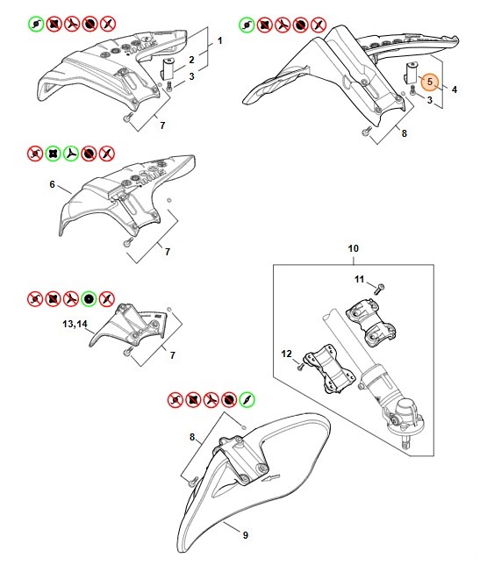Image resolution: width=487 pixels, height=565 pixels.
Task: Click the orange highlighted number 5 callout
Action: click(430, 82)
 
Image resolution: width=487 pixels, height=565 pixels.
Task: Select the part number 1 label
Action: click(220, 40)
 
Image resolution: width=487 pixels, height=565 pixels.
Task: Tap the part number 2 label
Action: click(192, 60)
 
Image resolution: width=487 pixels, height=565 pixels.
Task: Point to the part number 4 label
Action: click(455, 89)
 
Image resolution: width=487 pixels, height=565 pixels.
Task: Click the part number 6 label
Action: click(53, 184)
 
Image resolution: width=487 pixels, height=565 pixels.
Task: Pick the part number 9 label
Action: click(246, 535)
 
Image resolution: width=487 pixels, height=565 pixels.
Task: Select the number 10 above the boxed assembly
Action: click(354, 248)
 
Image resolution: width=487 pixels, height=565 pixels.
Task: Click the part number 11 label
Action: click(360, 279)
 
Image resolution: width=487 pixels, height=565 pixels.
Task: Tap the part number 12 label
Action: click(287, 354)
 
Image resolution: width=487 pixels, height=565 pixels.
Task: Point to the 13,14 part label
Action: click(75, 324)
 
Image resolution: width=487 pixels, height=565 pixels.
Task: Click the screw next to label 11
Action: click(379, 289)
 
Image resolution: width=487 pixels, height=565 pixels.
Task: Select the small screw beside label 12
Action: click(301, 367)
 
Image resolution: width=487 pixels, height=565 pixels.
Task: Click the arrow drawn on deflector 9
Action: click(270, 478)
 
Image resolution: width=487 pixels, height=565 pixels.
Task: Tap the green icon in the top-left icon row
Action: click(36, 25)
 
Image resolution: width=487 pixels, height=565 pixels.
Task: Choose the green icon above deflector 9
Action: click(247, 399)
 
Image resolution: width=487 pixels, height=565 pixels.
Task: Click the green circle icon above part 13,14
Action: click(89, 298)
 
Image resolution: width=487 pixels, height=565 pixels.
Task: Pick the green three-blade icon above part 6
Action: click(71, 154)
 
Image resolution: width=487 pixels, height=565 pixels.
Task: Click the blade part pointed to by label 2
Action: click(168, 68)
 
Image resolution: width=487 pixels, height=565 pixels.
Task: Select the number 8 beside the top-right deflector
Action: click(405, 133)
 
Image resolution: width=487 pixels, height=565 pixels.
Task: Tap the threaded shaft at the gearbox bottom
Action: click(406, 442)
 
